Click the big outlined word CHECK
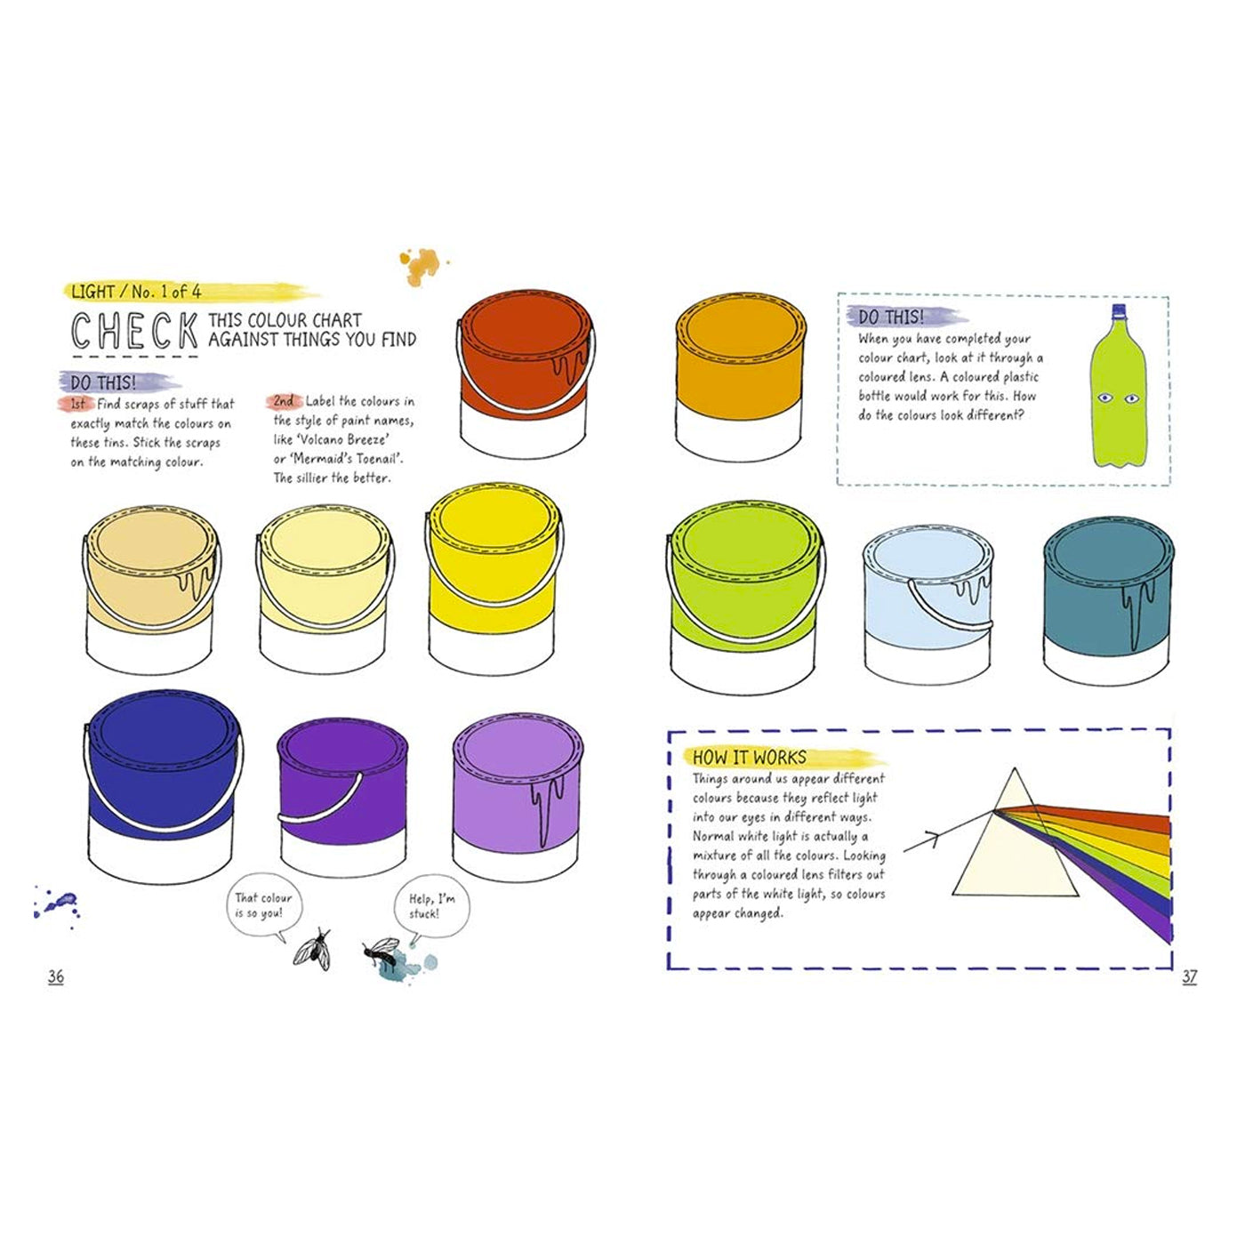pos(134,331)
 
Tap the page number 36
pos(55,976)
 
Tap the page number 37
pos(1190,976)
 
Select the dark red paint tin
pos(526,374)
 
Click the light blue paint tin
pos(928,604)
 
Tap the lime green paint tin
pos(745,598)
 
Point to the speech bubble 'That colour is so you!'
pos(263,907)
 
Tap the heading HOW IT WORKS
pos(750,757)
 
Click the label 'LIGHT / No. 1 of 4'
pos(136,292)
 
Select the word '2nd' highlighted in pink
pos(284,401)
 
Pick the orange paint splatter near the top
pos(422,265)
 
